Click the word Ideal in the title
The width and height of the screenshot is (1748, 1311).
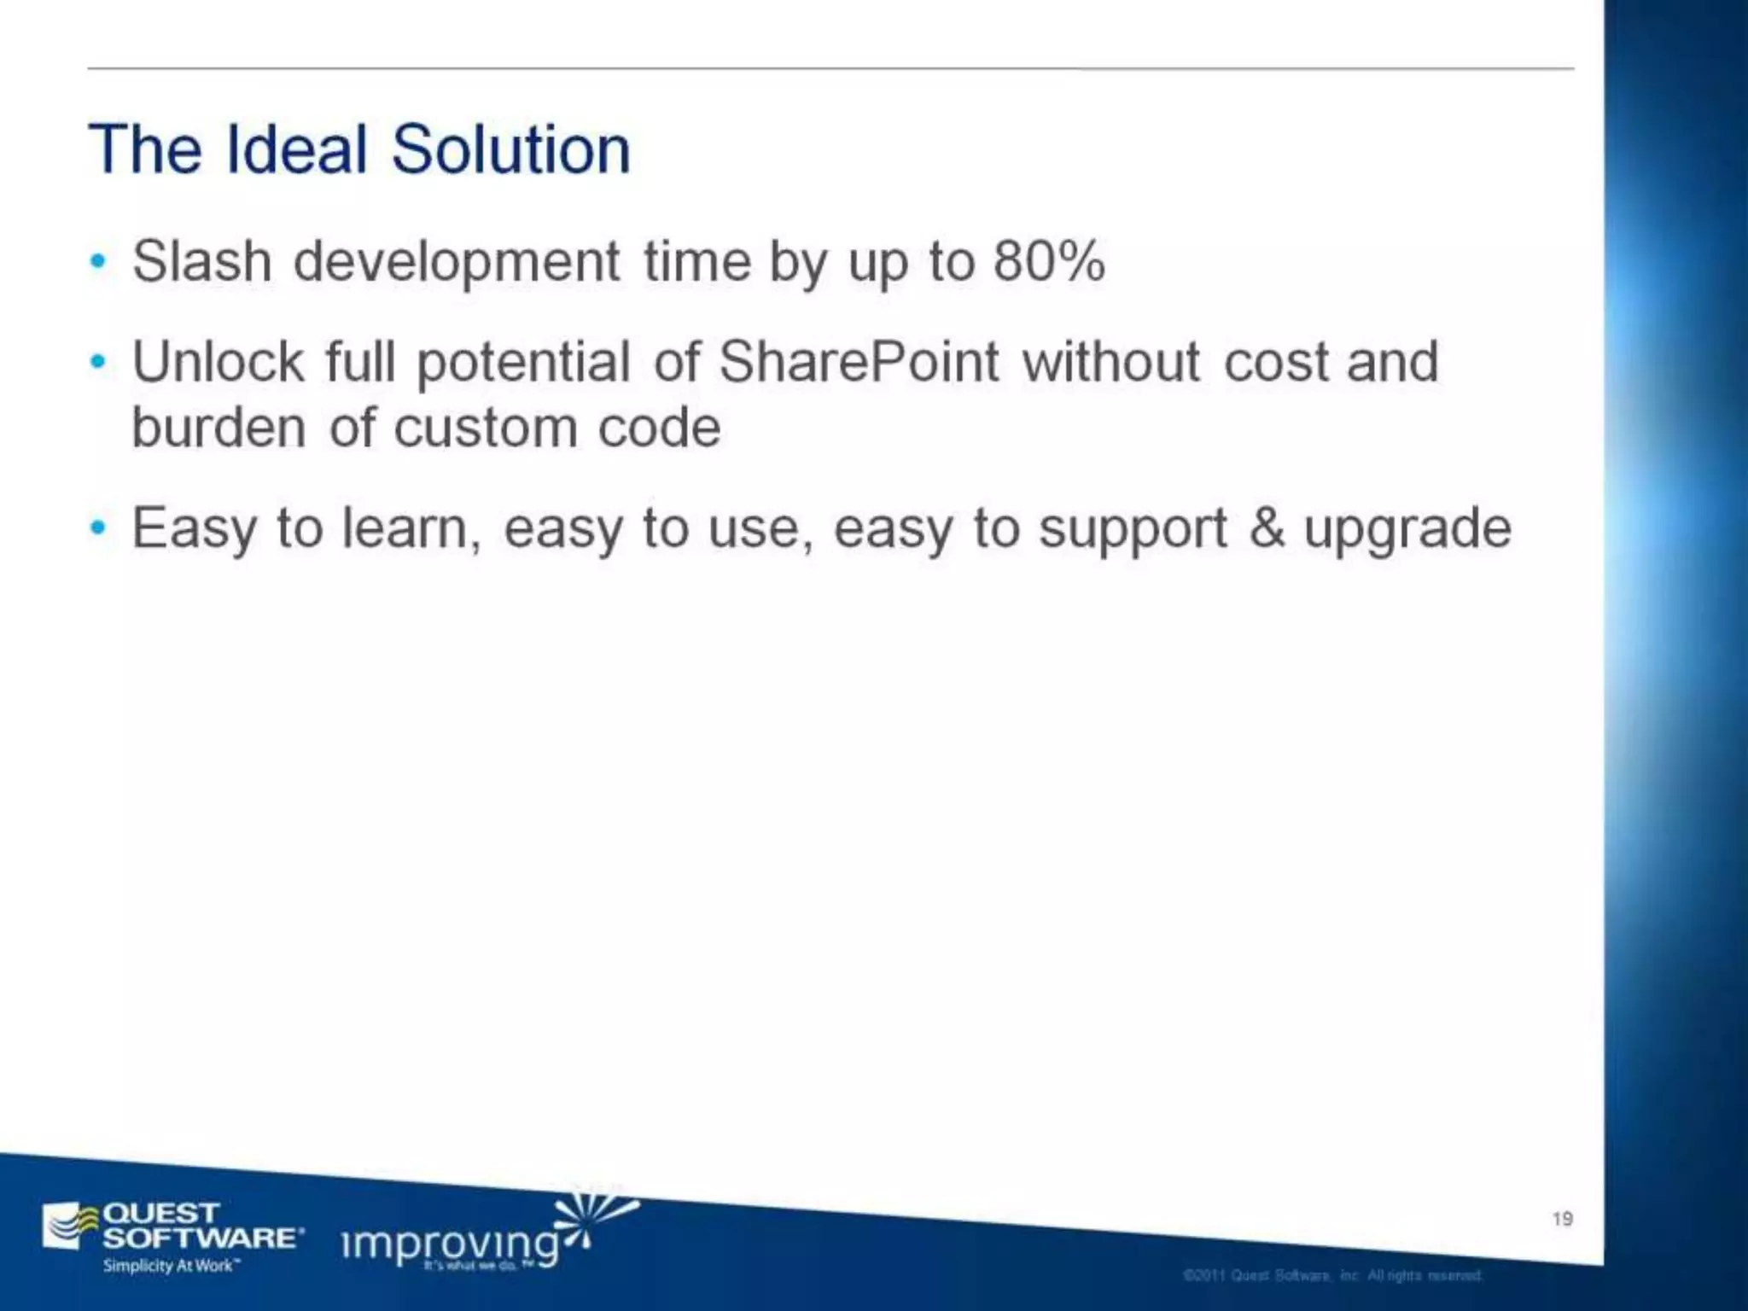[297, 150]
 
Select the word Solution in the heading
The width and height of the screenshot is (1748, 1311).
[510, 150]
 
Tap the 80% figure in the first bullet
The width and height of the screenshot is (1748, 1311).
[1049, 261]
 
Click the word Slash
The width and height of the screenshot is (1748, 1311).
[202, 261]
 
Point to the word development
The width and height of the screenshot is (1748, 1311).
[457, 263]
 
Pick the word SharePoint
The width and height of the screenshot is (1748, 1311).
[859, 362]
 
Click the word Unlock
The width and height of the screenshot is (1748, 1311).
[218, 362]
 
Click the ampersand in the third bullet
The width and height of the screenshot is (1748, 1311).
[1267, 527]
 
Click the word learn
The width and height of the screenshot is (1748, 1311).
[405, 529]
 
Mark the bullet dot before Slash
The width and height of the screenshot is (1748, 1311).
[99, 261]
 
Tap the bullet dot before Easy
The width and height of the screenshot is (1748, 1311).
[99, 528]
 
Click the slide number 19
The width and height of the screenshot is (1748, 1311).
[1563, 1219]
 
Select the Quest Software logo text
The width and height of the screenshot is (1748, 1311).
[201, 1226]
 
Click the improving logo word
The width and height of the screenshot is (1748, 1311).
[451, 1244]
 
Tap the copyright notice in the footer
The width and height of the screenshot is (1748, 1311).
[1332, 1275]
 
